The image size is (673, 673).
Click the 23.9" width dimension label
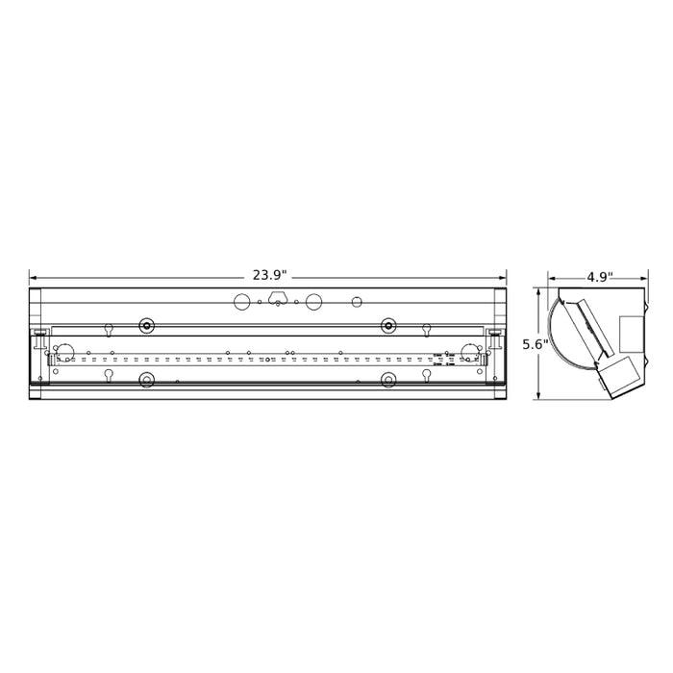[x=269, y=276]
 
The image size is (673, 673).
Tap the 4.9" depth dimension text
[x=599, y=277]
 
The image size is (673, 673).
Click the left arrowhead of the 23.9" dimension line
[x=33, y=276]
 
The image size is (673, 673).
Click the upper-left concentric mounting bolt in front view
[x=146, y=326]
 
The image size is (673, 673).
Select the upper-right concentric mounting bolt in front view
[x=388, y=326]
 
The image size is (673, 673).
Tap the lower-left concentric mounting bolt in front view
[x=146, y=380]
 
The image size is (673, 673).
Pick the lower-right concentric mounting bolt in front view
[x=388, y=380]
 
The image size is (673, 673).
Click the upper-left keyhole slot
[x=109, y=329]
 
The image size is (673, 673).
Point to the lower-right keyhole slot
[x=426, y=375]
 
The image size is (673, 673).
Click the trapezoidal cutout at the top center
[x=278, y=298]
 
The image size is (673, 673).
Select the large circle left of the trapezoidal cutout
[x=242, y=302]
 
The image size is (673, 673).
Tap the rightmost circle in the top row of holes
[x=357, y=302]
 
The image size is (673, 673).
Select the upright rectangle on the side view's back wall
[x=631, y=333]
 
